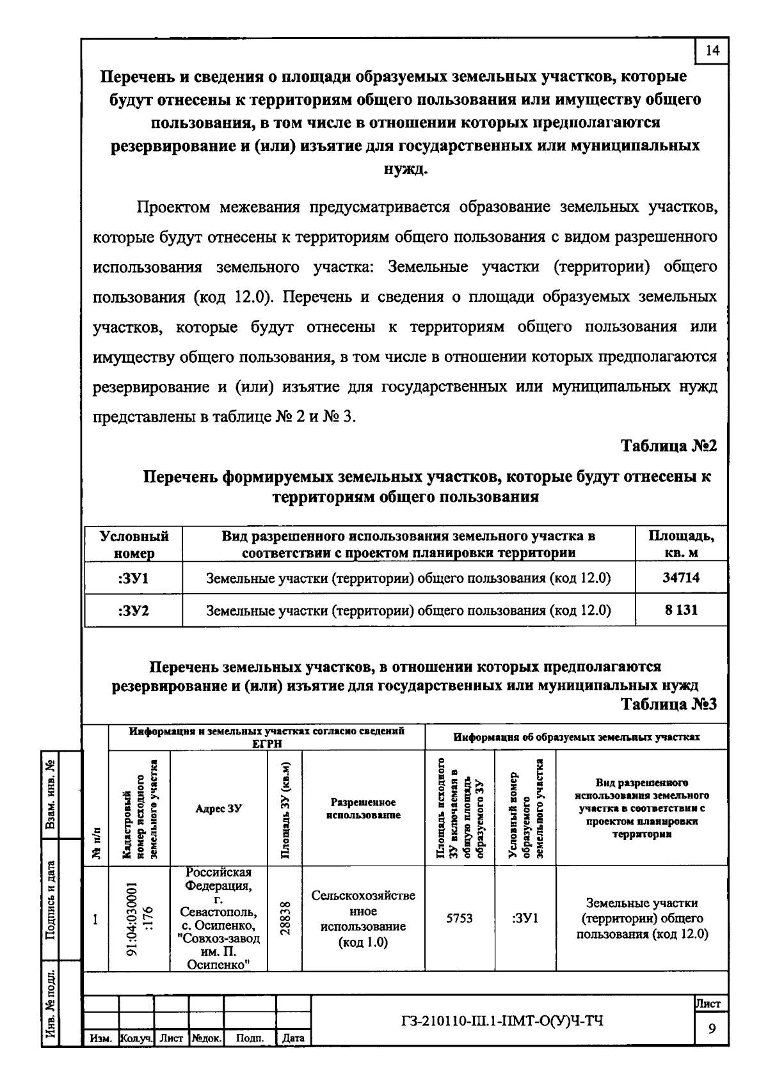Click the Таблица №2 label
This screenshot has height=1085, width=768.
point(669,446)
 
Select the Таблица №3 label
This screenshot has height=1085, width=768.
point(669,704)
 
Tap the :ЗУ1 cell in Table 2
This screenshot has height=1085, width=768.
point(134,578)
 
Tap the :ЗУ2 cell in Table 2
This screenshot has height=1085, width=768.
point(134,610)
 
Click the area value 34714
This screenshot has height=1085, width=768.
point(681,578)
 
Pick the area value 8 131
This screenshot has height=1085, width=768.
point(681,610)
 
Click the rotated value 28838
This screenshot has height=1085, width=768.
point(286,919)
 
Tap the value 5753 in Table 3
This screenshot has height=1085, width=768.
point(460,919)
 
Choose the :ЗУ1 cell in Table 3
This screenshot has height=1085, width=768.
point(525,919)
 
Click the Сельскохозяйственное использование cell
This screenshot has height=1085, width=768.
point(363,919)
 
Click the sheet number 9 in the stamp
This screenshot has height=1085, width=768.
point(712,1029)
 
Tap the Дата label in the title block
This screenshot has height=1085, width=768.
point(293,1038)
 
